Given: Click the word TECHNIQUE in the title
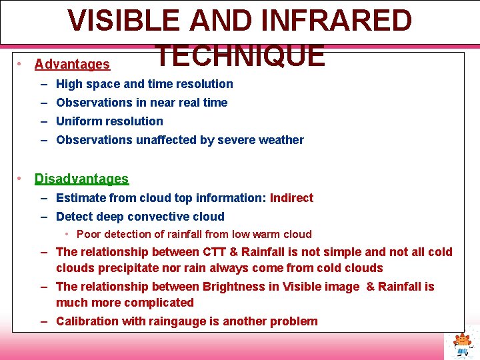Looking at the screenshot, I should pyautogui.click(x=239, y=55).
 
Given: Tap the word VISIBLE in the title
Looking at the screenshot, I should pyautogui.click(x=123, y=20).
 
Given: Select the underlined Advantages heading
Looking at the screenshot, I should pyautogui.click(x=72, y=64).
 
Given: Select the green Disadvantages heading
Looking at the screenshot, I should pyautogui.click(x=81, y=179).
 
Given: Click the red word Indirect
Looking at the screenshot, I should pyautogui.click(x=291, y=197).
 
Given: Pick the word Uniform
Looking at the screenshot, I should pyautogui.click(x=77, y=121).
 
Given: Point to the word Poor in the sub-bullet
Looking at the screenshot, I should pyautogui.click(x=88, y=234).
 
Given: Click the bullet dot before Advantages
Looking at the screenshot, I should pyautogui.click(x=21, y=64).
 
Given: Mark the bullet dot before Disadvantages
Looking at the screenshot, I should pyautogui.click(x=21, y=179).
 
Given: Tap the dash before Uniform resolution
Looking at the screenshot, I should pyautogui.click(x=43, y=121).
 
